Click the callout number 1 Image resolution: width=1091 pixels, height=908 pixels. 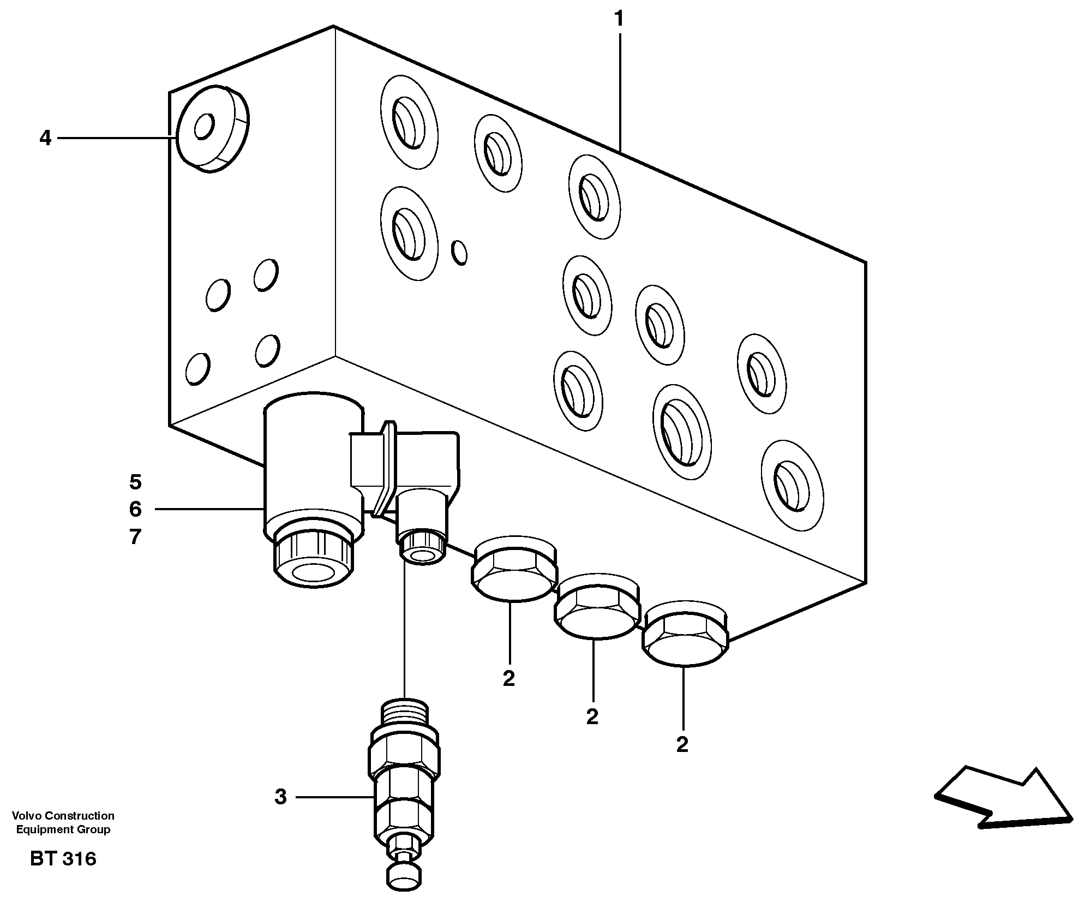click(x=619, y=20)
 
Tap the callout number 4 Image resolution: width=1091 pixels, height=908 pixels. click(x=45, y=139)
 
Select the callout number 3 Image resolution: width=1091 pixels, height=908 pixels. click(x=280, y=797)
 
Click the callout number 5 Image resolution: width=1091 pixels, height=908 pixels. click(x=135, y=482)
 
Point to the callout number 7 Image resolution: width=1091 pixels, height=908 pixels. click(x=135, y=537)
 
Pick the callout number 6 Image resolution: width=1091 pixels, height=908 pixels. click(x=135, y=510)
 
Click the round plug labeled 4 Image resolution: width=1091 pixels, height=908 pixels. click(x=212, y=129)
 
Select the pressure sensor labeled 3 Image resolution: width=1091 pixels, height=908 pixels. click(x=404, y=786)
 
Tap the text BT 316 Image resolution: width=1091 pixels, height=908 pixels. click(x=63, y=859)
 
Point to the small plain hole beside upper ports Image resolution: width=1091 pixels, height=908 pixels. click(x=460, y=253)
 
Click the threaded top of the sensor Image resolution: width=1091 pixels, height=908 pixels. click(x=405, y=712)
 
